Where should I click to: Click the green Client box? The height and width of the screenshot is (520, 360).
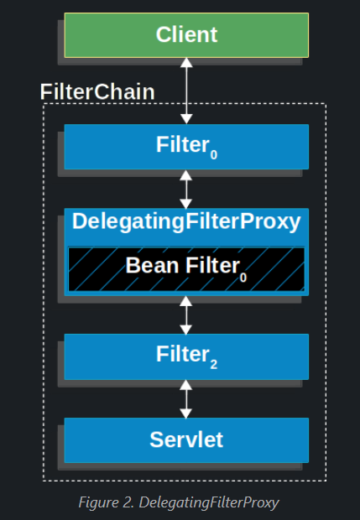[186, 35]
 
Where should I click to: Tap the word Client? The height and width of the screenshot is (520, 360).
[186, 34]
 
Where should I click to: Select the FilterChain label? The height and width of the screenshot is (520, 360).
[97, 91]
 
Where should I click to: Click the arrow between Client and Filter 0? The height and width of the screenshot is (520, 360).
[186, 91]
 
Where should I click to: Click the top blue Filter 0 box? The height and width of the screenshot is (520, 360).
[186, 147]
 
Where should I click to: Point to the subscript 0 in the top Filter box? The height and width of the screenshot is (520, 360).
[214, 155]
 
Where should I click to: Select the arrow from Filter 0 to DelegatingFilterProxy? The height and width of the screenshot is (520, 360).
[185, 189]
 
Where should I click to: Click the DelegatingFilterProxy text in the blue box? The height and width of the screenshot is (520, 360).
[186, 221]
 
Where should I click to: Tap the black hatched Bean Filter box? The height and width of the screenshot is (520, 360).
[186, 269]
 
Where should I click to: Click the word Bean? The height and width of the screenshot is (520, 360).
[152, 265]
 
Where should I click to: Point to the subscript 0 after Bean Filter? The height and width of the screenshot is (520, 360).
[243, 277]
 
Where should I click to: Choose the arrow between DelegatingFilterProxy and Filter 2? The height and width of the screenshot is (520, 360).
[185, 315]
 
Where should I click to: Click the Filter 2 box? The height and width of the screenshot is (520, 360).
[186, 356]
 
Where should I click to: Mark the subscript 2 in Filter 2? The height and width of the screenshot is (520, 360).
[214, 365]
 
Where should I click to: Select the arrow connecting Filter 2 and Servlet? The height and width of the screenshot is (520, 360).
[185, 399]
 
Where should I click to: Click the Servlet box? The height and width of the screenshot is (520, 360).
[186, 440]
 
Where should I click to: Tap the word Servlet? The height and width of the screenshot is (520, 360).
[186, 439]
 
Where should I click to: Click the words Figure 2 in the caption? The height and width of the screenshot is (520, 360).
[107, 502]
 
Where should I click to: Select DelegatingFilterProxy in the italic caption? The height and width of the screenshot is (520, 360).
[209, 502]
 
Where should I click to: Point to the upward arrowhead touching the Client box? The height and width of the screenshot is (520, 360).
[186, 63]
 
